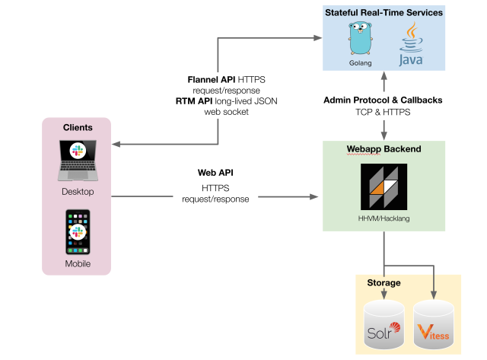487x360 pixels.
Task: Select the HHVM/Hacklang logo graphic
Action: point(384,186)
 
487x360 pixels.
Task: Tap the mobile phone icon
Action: point(77,231)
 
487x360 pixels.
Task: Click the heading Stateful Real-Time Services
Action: point(384,13)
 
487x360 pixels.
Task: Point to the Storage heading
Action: point(383,282)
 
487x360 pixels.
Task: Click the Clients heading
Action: point(77,127)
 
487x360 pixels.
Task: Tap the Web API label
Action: point(215,173)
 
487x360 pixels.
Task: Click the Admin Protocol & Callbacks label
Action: point(383,100)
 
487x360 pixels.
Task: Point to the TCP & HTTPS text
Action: point(383,111)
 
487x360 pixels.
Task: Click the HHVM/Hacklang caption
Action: point(384,218)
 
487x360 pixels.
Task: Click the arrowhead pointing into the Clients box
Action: point(117,145)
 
